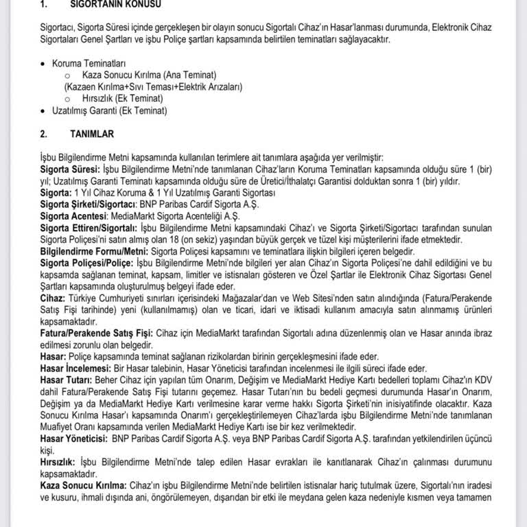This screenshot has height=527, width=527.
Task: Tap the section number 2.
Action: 44,133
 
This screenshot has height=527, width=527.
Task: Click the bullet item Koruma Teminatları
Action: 85,63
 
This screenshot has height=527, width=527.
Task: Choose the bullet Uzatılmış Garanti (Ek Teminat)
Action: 110,110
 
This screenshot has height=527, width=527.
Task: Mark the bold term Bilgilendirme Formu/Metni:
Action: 90,251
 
